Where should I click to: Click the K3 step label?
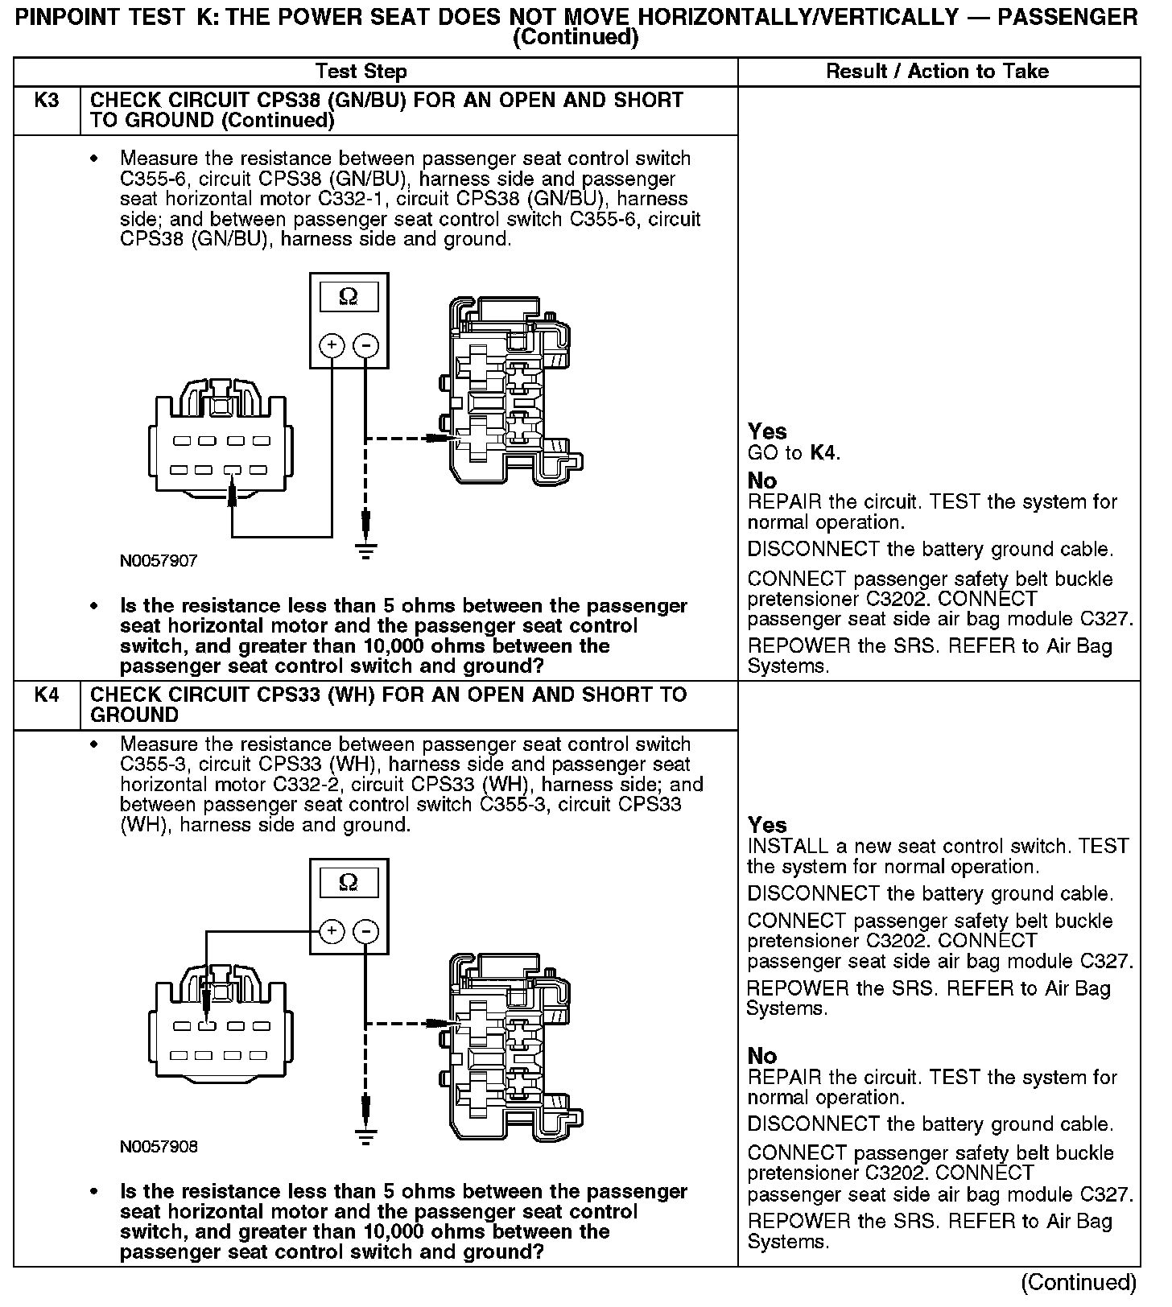pyautogui.click(x=47, y=101)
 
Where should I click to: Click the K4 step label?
pyautogui.click(x=47, y=695)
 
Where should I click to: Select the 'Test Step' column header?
pyautogui.click(x=361, y=72)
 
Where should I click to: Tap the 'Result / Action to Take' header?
pyautogui.click(x=938, y=72)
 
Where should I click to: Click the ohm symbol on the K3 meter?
pyautogui.click(x=349, y=297)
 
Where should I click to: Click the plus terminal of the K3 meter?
pyautogui.click(x=332, y=345)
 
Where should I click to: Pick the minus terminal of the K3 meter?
pyautogui.click(x=366, y=345)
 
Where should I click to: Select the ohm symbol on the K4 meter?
pyautogui.click(x=349, y=883)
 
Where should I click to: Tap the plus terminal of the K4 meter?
pyautogui.click(x=332, y=931)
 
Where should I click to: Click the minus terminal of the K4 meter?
pyautogui.click(x=366, y=931)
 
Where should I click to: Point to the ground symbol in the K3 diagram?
pyautogui.click(x=366, y=551)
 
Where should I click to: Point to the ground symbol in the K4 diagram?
pyautogui.click(x=366, y=1136)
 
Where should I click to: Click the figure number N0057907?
pyautogui.click(x=159, y=561)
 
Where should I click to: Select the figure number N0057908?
pyautogui.click(x=159, y=1146)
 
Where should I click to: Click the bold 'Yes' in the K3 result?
pyautogui.click(x=767, y=431)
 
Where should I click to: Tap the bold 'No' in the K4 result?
pyautogui.click(x=762, y=1056)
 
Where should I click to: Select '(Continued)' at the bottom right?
pyautogui.click(x=1079, y=1282)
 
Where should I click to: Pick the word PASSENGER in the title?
pyautogui.click(x=1067, y=18)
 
